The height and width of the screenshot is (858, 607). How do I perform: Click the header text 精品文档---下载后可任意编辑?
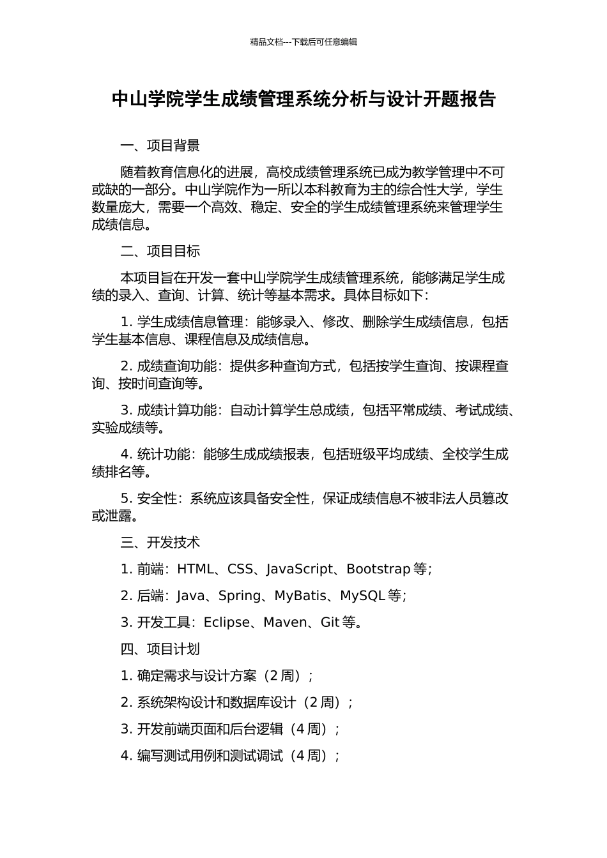tap(303, 42)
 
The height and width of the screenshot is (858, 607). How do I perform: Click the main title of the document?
tap(303, 99)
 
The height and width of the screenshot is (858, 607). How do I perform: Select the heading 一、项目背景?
tap(160, 146)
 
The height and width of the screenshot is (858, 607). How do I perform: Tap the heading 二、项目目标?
tap(160, 251)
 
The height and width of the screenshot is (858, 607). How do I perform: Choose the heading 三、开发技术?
tap(160, 542)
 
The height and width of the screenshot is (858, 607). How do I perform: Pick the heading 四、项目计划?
tap(160, 649)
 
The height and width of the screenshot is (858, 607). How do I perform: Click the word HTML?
tap(196, 569)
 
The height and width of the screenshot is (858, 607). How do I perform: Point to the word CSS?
tap(240, 569)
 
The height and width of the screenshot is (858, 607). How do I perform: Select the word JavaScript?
tap(300, 569)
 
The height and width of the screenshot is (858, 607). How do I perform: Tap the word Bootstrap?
tap(378, 569)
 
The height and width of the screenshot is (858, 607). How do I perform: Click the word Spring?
tap(240, 596)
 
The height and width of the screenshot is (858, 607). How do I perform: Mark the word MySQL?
tap(362, 596)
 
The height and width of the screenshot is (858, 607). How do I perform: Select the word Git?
tap(330, 622)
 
